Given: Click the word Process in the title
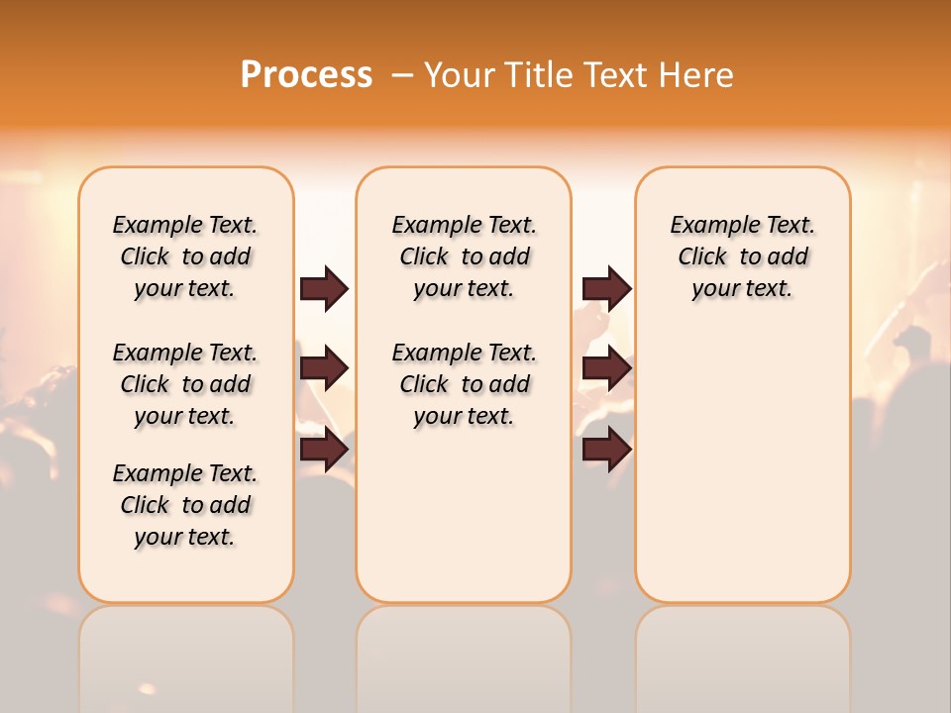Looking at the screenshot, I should (x=306, y=75).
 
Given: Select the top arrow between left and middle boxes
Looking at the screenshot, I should (x=324, y=289).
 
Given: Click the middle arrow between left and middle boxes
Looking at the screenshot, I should (x=324, y=368).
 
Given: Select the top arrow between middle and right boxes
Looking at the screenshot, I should (x=606, y=288).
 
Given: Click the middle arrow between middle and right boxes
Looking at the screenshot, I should (x=606, y=368).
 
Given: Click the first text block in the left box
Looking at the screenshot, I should (x=185, y=256).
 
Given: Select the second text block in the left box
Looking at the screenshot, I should (x=185, y=384).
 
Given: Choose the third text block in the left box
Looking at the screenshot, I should (x=185, y=505).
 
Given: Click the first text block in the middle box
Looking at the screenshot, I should (x=465, y=256).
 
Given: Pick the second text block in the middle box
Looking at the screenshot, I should (x=465, y=384).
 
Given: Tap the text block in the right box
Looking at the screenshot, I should (x=743, y=256).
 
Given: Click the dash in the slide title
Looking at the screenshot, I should (x=402, y=75).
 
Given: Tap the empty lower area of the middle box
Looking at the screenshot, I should (x=464, y=515).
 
